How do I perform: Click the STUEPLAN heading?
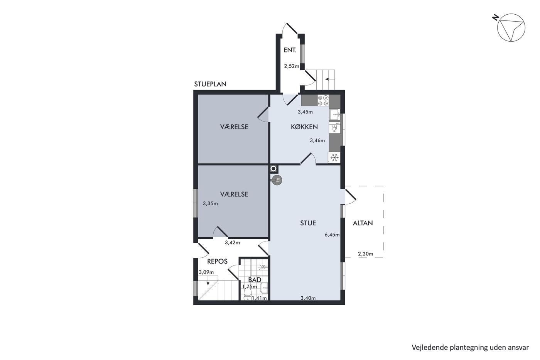click(210, 84)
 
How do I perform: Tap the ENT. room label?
click(290, 50)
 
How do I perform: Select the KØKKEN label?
click(304, 127)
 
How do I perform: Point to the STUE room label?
click(308, 223)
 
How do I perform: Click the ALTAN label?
click(363, 223)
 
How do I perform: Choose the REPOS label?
click(217, 261)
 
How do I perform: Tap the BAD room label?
click(255, 280)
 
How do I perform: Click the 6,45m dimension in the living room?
click(332, 235)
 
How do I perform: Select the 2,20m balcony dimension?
click(366, 254)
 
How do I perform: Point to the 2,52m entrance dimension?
click(292, 66)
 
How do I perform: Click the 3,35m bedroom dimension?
click(210, 203)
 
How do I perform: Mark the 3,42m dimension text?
click(232, 243)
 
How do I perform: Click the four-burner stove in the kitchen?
click(323, 100)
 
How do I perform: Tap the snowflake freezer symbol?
click(334, 158)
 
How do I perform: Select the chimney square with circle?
click(274, 169)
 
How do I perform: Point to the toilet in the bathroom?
click(247, 294)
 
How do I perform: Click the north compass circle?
click(511, 27)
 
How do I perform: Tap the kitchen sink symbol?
click(335, 114)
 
